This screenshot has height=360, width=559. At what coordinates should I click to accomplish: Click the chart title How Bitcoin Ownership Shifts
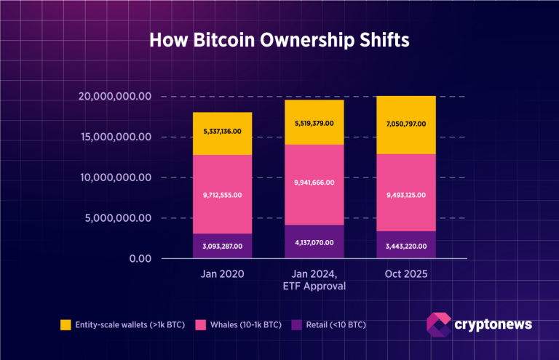click(x=279, y=40)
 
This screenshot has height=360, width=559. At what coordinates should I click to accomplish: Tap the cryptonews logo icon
click(x=439, y=325)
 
